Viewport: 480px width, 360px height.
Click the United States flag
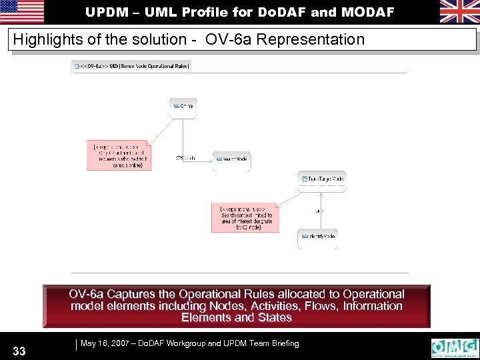pyautogui.click(x=22, y=11)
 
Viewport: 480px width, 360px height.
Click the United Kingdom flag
pyautogui.click(x=459, y=11)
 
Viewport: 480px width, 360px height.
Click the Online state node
pyautogui.click(x=183, y=105)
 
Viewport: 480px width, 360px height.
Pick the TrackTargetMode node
pyautogui.click(x=323, y=179)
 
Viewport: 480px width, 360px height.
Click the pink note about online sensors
pyautogui.click(x=119, y=155)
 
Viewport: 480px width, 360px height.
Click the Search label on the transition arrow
pyautogui.click(x=186, y=158)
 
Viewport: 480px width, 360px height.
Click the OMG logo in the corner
pyautogui.click(x=455, y=348)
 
